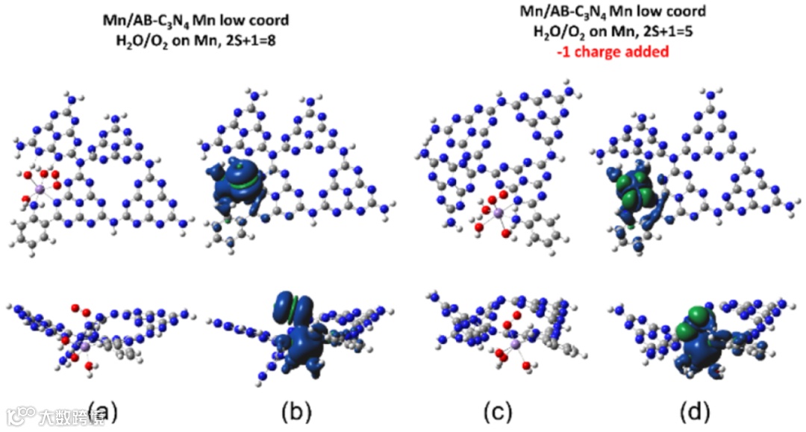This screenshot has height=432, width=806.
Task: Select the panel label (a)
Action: click(101, 410)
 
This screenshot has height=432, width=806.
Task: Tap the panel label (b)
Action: click(296, 410)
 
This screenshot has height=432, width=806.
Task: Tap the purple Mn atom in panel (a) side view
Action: click(85, 347)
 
